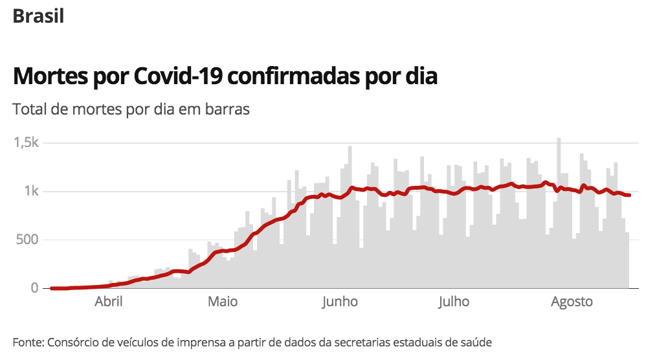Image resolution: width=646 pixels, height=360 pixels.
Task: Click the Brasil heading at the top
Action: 38,16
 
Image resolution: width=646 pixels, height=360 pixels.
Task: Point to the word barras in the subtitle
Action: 227,109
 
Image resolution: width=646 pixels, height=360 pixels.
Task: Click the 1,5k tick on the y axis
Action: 26,143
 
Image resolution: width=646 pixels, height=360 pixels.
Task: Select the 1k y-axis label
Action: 31,192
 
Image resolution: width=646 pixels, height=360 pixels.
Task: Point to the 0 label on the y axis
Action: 35,288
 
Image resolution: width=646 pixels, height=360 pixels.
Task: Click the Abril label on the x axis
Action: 109,302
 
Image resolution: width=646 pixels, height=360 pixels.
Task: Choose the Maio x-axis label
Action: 223,302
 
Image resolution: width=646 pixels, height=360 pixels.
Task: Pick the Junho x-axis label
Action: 339,302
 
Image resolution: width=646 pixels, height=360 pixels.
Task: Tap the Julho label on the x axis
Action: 454,302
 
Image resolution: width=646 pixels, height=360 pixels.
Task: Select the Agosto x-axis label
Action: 572,302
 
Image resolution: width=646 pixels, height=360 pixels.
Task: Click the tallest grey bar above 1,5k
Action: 559,194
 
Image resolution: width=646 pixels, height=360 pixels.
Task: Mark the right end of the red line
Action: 629,195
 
